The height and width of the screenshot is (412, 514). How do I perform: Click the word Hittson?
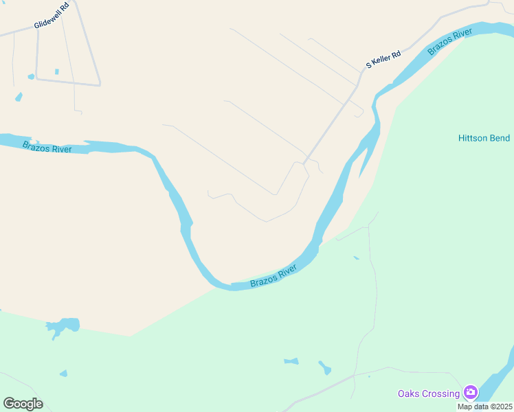click(x=474, y=138)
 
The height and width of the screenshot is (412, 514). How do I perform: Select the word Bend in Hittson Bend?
click(x=500, y=138)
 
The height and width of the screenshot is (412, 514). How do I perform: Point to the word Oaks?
click(x=410, y=393)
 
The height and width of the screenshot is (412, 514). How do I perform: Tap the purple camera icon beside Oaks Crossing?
click(x=471, y=393)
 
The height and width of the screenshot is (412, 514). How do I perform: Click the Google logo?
click(x=23, y=404)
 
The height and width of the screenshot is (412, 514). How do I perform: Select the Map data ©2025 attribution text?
click(x=485, y=407)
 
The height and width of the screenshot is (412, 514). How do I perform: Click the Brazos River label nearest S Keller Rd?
click(x=450, y=42)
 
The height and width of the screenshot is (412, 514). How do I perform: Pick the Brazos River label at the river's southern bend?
click(x=273, y=276)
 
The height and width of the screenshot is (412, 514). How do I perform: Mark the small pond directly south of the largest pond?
click(x=63, y=374)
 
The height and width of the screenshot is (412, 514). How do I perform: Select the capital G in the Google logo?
click(x=8, y=404)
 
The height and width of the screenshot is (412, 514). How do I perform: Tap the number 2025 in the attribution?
click(x=502, y=407)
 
